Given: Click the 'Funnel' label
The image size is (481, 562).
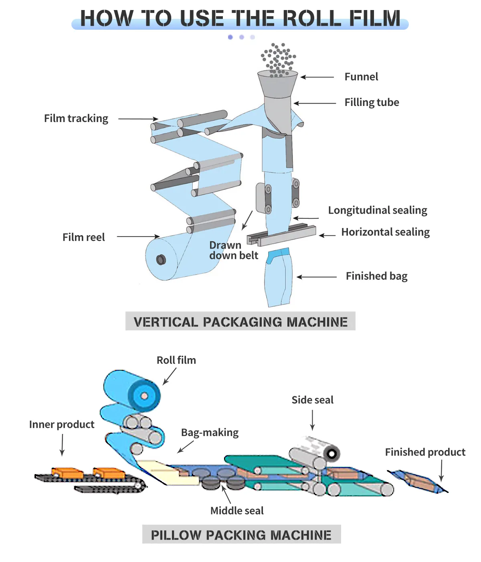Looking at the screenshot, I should (x=361, y=77).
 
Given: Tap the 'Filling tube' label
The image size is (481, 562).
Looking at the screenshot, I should (x=372, y=102).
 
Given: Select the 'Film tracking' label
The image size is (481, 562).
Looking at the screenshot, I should (x=76, y=118).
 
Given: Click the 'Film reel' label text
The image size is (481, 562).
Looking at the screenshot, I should (x=83, y=237).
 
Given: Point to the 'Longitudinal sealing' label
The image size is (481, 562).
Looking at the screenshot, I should (x=378, y=210).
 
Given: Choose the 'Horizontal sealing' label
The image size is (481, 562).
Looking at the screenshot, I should (x=385, y=232).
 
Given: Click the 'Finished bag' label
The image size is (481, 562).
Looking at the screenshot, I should (x=376, y=276).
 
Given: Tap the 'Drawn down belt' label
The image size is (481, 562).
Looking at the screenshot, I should (x=233, y=250).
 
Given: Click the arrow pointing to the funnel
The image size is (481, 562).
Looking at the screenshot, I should (x=317, y=77).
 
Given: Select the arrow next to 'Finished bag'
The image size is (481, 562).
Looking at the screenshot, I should (x=317, y=277).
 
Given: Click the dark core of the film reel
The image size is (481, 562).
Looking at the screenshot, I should (x=161, y=260).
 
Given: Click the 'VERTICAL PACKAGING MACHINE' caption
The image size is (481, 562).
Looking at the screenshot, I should (x=240, y=322).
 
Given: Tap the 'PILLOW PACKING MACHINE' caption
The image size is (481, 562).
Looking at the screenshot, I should (x=241, y=535).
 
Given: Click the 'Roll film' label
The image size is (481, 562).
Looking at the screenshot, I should (x=176, y=360).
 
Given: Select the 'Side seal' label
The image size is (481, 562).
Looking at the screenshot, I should (x=312, y=400).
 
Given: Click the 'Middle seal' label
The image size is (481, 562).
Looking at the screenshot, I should (x=237, y=511).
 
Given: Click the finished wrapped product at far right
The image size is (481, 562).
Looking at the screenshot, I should (x=418, y=481).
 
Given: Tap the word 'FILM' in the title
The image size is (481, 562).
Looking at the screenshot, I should (x=375, y=18).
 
